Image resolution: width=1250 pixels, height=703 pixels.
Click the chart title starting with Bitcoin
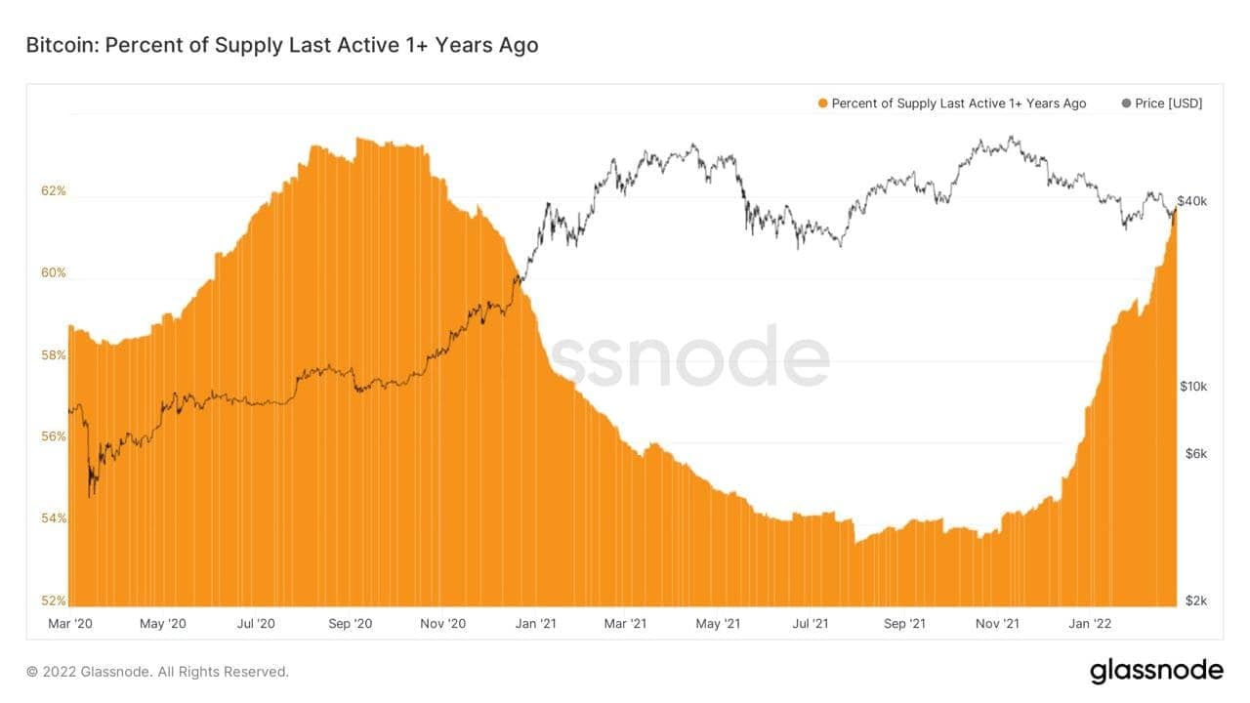pyautogui.click(x=281, y=45)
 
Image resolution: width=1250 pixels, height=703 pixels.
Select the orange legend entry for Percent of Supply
pyautogui.click(x=952, y=103)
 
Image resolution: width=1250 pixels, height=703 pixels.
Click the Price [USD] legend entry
pyautogui.click(x=1162, y=103)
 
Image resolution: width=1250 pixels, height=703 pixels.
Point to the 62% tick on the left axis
pyautogui.click(x=54, y=191)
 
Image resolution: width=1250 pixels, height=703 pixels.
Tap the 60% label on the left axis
pyautogui.click(x=54, y=273)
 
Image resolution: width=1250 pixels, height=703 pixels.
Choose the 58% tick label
pyautogui.click(x=54, y=355)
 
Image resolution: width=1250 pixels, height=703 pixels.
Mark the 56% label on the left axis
pyautogui.click(x=54, y=436)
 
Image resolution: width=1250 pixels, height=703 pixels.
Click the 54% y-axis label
pyautogui.click(x=54, y=518)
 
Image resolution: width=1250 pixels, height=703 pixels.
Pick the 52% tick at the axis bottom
pyautogui.click(x=54, y=600)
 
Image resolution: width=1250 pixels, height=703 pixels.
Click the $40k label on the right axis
pyautogui.click(x=1193, y=202)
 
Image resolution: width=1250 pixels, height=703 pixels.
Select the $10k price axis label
pyautogui.click(x=1193, y=387)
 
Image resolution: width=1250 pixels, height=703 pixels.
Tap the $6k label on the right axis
pyautogui.click(x=1193, y=454)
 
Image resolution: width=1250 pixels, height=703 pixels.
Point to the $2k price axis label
pyautogui.click(x=1193, y=600)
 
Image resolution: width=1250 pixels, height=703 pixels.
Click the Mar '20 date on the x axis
pyautogui.click(x=70, y=623)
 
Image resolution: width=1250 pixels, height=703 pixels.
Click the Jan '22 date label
pyautogui.click(x=1090, y=623)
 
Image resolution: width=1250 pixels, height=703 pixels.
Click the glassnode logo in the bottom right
pyautogui.click(x=1155, y=671)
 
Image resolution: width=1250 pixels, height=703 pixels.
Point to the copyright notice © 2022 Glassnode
pyautogui.click(x=157, y=672)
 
